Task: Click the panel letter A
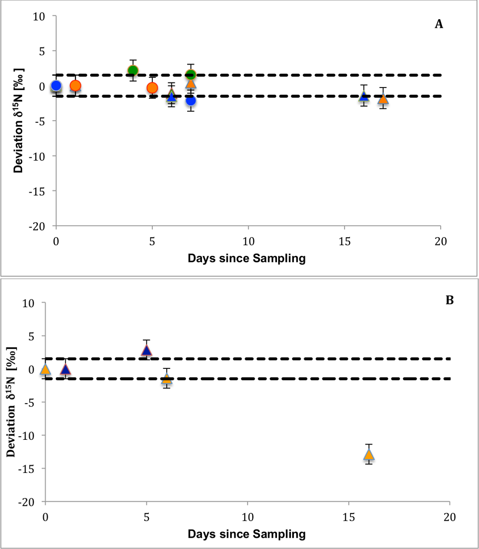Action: (439, 24)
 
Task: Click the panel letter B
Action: (449, 300)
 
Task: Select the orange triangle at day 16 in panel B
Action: (369, 455)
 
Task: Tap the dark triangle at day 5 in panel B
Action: (147, 350)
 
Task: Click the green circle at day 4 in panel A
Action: (133, 71)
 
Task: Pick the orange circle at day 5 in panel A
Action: (152, 88)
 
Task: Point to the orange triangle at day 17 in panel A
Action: (383, 99)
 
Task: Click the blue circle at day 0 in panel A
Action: (56, 86)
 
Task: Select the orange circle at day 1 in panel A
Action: (75, 86)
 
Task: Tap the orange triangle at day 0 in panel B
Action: (45, 370)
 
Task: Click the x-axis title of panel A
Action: (246, 258)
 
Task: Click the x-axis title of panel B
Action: (246, 534)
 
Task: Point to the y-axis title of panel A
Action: (19, 121)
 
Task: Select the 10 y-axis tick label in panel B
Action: (28, 303)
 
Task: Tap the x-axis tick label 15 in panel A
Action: (344, 241)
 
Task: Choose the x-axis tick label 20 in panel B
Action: (449, 517)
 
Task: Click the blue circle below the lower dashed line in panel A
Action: (190, 101)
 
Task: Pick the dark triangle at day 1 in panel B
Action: (65, 370)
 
